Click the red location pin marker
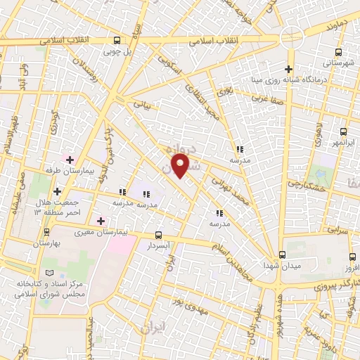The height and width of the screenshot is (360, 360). click(181, 166)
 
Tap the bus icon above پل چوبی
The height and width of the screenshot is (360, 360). click(117, 40)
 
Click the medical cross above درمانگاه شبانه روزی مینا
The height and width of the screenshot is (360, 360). click(288, 68)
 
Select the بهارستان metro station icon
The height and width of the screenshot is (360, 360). click(47, 231)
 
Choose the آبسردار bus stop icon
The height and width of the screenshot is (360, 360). click(157, 236)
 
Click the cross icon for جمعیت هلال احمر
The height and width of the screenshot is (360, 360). click(57, 191)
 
